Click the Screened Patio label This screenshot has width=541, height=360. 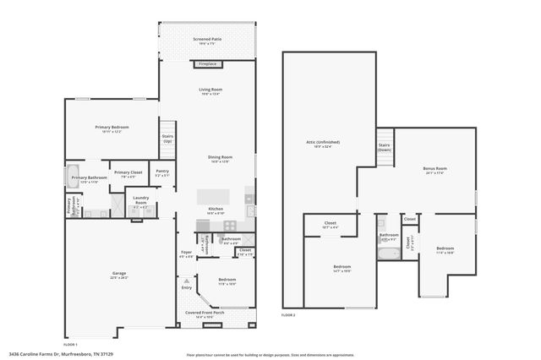pos(206,41)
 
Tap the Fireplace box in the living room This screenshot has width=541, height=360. pos(207,64)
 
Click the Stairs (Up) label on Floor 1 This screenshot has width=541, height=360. pos(167,139)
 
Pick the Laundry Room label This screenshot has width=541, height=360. pos(141,202)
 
